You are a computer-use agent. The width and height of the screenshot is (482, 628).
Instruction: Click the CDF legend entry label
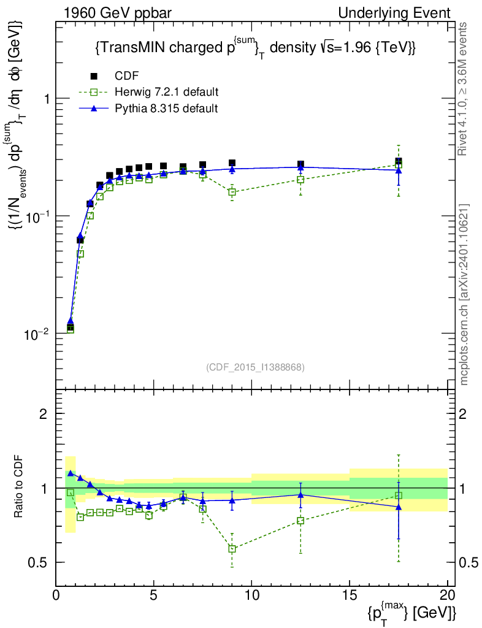(127, 76)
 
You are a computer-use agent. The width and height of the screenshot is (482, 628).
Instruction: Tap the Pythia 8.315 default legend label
(166, 109)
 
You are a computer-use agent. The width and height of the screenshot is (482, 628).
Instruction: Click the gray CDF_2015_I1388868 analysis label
(255, 367)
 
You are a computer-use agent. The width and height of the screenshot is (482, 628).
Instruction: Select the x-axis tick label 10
(251, 595)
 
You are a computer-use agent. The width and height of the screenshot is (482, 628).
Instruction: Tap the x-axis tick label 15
(350, 595)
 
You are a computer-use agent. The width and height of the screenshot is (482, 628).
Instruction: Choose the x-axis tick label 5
(154, 595)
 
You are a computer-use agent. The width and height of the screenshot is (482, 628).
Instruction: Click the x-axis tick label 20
(447, 595)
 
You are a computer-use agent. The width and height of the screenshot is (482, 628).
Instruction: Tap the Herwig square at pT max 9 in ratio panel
(232, 548)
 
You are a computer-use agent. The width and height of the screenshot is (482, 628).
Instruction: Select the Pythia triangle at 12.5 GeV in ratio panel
(300, 494)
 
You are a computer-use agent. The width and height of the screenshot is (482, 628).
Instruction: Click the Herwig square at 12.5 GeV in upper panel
(300, 180)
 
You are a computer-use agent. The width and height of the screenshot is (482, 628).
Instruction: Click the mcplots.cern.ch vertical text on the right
(465, 294)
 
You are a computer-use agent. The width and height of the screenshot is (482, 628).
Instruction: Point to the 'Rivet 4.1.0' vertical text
(465, 89)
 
